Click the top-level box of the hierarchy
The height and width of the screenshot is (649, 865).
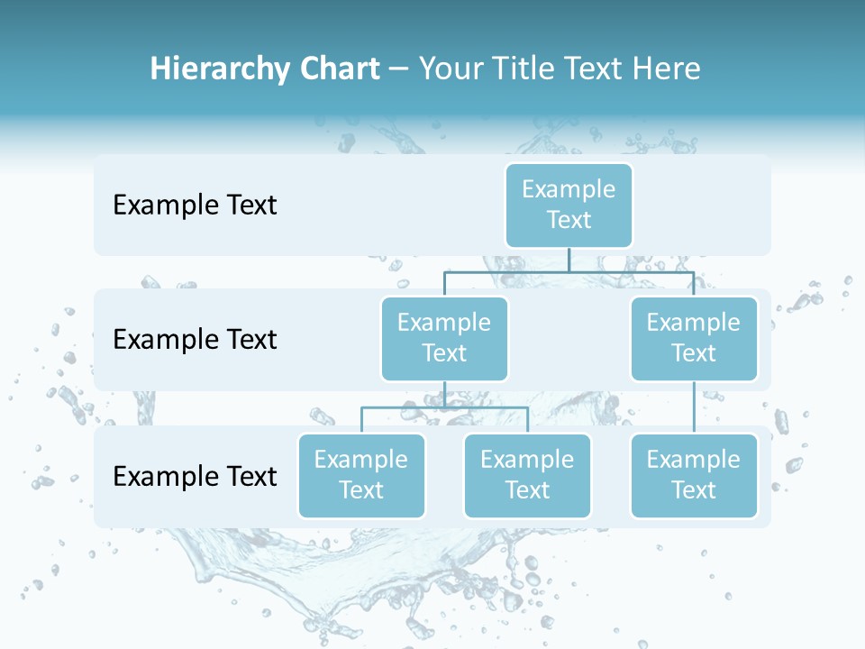click(569, 205)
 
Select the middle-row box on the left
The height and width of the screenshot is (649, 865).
click(444, 338)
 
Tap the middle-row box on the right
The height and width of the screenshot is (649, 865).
click(693, 338)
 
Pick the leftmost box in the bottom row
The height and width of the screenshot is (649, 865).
click(361, 475)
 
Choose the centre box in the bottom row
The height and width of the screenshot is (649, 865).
click(527, 475)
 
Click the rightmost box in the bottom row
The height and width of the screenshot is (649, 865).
click(693, 475)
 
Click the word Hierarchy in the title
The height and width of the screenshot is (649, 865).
click(219, 69)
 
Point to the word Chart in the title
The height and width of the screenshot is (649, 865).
click(339, 69)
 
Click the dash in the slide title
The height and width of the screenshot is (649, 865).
click(399, 70)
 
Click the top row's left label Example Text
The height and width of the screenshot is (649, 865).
click(195, 206)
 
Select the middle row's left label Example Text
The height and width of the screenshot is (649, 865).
click(195, 340)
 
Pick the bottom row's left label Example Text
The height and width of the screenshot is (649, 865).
click(195, 476)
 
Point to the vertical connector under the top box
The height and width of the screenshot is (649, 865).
click(569, 260)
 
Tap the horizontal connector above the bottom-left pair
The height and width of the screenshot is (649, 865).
click(444, 407)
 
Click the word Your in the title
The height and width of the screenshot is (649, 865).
click(448, 69)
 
